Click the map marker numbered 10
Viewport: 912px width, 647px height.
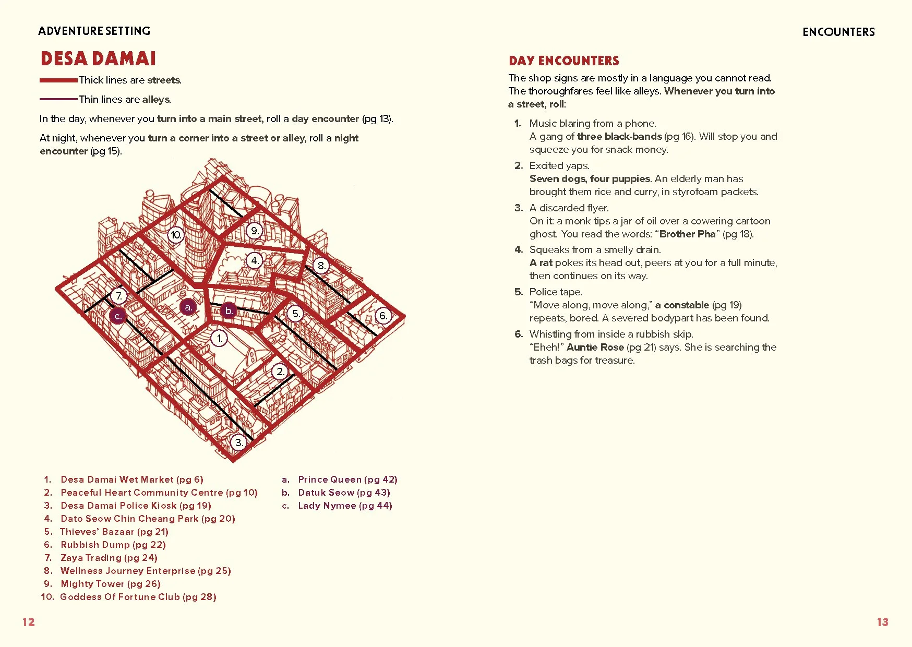coord(176,235)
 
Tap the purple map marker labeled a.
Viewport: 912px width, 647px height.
coord(188,307)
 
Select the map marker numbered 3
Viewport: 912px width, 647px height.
coord(238,442)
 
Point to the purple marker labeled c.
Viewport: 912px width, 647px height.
coord(118,316)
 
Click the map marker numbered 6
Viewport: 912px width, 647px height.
coord(383,316)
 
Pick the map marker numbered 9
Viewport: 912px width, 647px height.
coord(254,231)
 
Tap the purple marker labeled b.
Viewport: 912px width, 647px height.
coord(229,310)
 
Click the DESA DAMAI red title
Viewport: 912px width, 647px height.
coord(98,58)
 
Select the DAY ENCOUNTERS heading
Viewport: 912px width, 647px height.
coord(563,61)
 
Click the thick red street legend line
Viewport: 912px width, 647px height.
coord(58,80)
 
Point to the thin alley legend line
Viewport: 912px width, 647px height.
coord(58,99)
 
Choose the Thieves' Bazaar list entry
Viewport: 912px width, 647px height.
coord(114,532)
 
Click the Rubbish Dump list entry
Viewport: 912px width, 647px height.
coord(113,545)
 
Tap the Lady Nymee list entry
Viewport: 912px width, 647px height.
coord(344,506)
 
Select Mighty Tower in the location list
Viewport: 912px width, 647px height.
coord(110,584)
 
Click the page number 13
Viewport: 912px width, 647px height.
coord(882,622)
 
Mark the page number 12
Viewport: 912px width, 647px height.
coord(28,622)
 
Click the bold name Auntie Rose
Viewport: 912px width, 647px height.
coord(595,348)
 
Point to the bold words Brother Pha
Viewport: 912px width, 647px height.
coord(687,234)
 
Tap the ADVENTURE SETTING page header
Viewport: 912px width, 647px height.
coord(94,31)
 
